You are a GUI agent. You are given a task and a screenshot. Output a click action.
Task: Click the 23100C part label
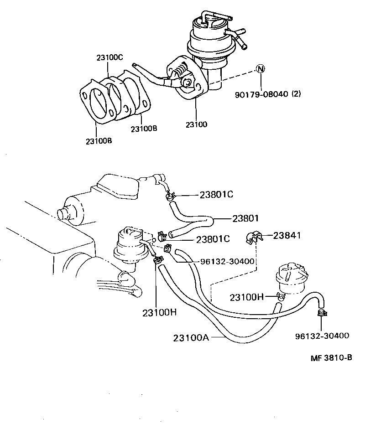point(109,57)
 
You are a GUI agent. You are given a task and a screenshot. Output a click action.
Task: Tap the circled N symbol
point(260,69)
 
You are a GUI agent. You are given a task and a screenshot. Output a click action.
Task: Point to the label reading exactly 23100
point(197,124)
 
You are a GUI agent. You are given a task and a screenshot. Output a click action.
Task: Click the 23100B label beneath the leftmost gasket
point(98,141)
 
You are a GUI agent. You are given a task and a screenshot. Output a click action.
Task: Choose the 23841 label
point(288,235)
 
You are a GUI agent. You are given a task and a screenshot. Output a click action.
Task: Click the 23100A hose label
point(191,338)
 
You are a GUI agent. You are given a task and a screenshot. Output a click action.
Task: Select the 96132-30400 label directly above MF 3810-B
point(322,336)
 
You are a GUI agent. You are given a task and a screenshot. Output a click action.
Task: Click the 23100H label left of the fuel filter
point(247,297)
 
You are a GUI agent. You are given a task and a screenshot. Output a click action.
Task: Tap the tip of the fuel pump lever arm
point(135,65)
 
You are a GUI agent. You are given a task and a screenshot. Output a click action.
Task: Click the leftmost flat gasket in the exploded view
point(96,103)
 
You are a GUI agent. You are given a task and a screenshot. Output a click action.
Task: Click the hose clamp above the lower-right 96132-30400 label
point(322,313)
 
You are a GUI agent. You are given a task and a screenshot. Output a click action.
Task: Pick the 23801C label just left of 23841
point(213,239)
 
